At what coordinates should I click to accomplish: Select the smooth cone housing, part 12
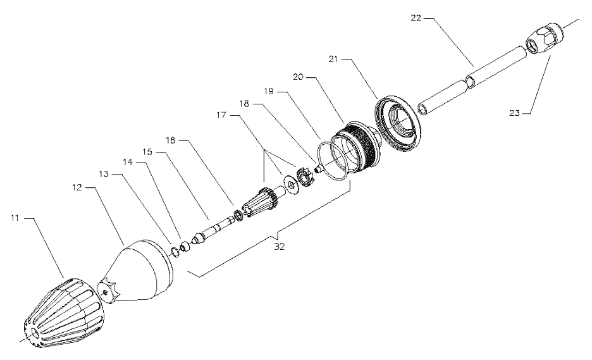pyautogui.click(x=142, y=272)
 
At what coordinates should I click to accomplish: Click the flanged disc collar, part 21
pyautogui.click(x=398, y=124)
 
